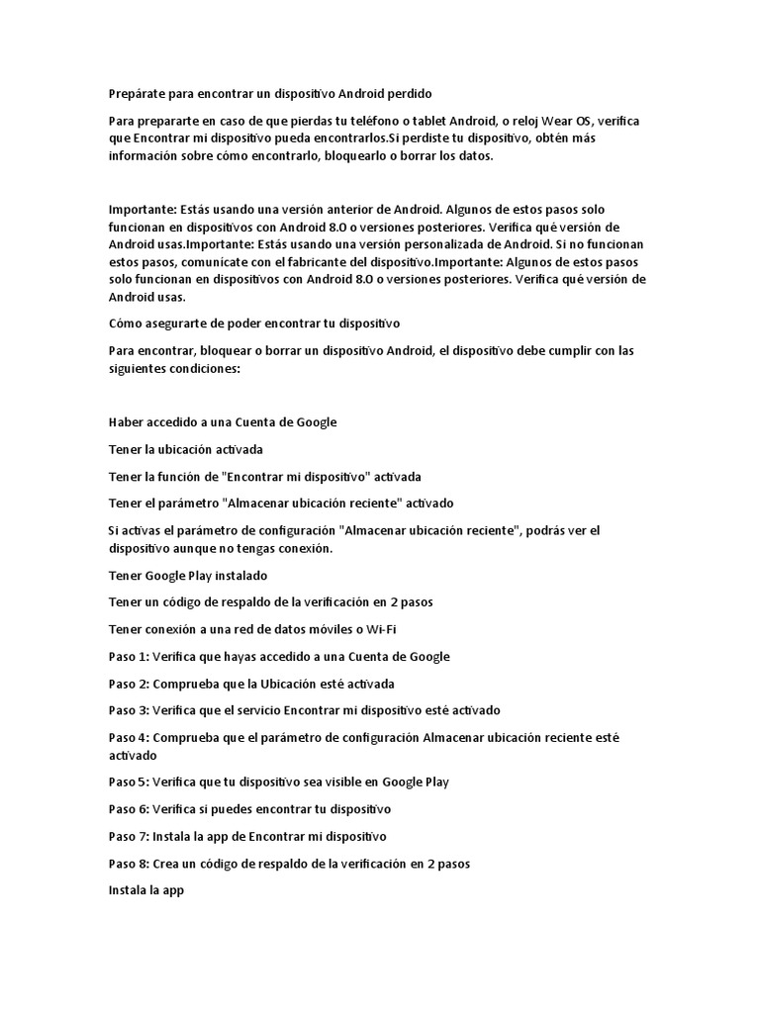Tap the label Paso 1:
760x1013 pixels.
coord(128,656)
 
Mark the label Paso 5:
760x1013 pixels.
coord(128,782)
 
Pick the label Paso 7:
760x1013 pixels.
coord(128,836)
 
